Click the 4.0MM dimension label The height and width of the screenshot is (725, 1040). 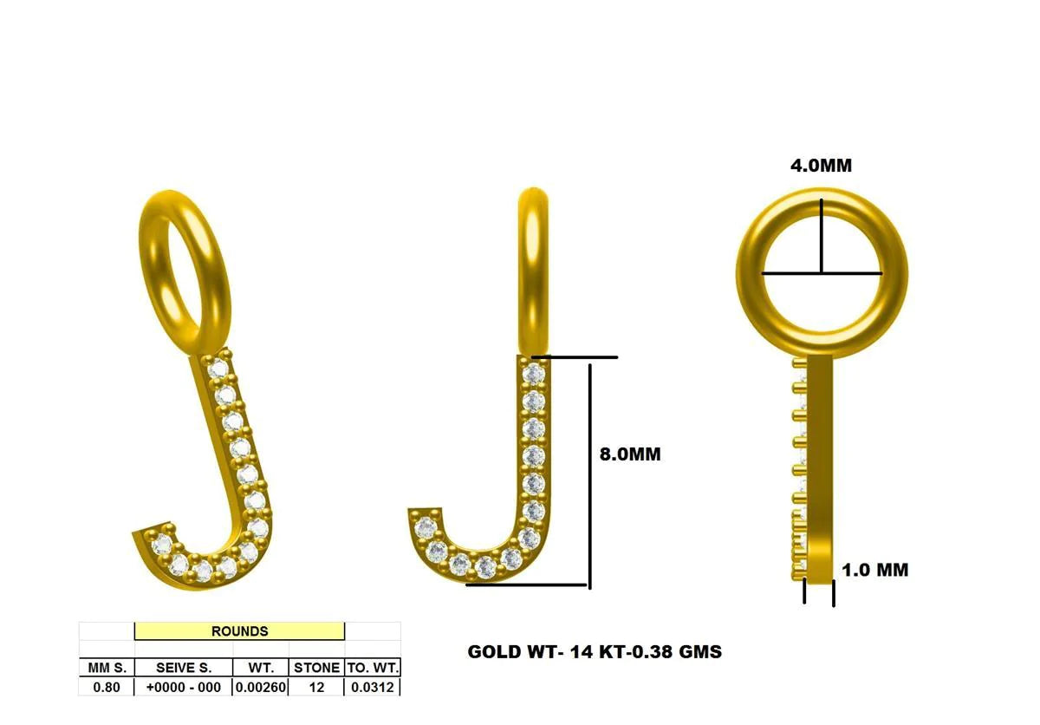tap(820, 166)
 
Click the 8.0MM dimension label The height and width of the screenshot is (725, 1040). tap(630, 454)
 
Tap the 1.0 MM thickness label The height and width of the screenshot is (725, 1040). tap(875, 570)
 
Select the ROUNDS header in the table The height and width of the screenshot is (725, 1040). tap(239, 631)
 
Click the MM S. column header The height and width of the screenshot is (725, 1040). tap(107, 668)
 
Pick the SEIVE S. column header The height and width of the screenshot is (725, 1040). tap(183, 668)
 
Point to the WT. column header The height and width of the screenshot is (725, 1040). tap(260, 668)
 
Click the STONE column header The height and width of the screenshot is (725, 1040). tap(316, 668)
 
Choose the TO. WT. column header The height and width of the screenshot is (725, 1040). tap(372, 668)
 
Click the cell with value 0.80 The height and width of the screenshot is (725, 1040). tap(107, 687)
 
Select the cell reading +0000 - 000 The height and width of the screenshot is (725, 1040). tap(183, 687)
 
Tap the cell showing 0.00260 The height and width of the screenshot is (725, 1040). tap(260, 687)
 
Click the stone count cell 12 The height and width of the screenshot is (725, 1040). tap(316, 687)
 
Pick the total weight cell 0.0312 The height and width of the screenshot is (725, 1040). tap(372, 687)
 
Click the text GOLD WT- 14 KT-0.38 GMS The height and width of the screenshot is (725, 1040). tap(595, 651)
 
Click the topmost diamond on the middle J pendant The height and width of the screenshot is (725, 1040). tap(535, 374)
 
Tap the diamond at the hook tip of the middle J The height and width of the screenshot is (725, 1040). tap(425, 526)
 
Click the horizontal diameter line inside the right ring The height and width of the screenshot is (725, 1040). tap(822, 274)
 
